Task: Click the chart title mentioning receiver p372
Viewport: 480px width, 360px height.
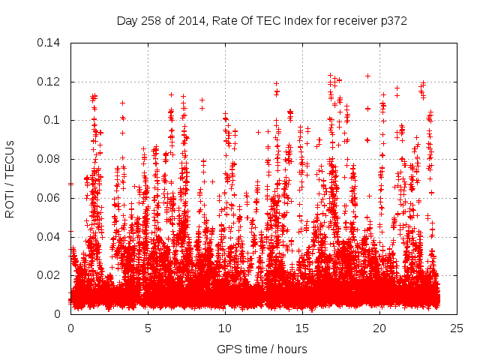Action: [x=262, y=21]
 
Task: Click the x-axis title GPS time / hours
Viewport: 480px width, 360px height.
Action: [x=262, y=349]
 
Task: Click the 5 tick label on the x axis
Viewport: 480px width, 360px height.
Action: [x=148, y=328]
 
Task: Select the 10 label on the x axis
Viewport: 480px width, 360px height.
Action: [x=225, y=328]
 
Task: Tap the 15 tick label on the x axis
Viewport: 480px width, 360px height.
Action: [x=302, y=328]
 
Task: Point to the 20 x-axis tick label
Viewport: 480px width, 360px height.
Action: [x=379, y=328]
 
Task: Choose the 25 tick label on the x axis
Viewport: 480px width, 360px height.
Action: [x=457, y=328]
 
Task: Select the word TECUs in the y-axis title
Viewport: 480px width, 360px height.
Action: [x=10, y=156]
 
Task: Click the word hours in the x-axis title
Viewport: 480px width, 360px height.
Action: [x=291, y=349]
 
